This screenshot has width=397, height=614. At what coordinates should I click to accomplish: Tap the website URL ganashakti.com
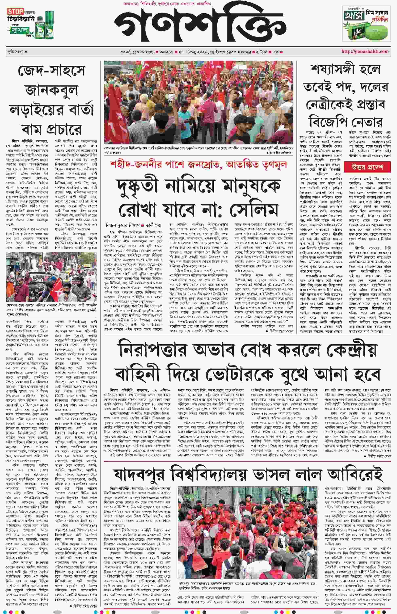click(365, 51)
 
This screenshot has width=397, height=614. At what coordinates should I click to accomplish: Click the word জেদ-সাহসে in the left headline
click(51, 70)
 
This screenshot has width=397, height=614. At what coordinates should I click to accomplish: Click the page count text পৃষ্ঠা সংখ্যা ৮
click(18, 52)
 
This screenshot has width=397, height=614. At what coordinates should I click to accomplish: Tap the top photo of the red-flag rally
click(198, 102)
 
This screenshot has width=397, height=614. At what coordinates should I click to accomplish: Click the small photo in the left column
click(51, 277)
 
